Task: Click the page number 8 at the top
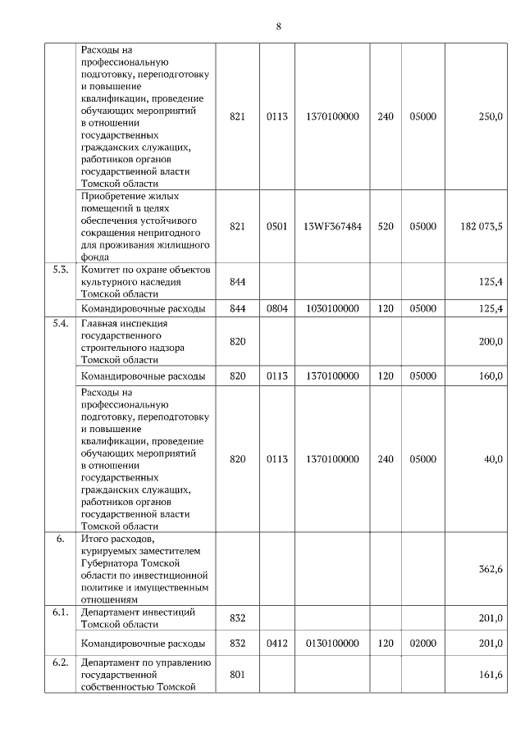(x=278, y=26)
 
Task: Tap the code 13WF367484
(x=331, y=226)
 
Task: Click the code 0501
(x=277, y=226)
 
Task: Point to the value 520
(x=385, y=226)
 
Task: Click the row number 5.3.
(x=60, y=270)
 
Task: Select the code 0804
(x=277, y=308)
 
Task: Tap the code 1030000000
(x=331, y=308)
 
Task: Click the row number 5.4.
(x=60, y=323)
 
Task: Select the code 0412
(x=277, y=644)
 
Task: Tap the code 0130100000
(x=331, y=644)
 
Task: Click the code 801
(x=238, y=674)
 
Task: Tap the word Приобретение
(x=113, y=197)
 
